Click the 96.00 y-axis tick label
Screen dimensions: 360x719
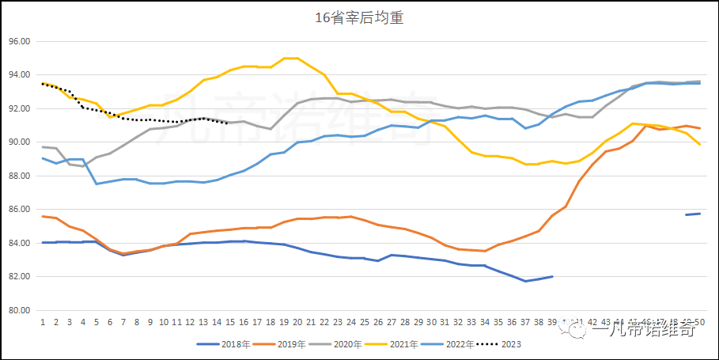pyautogui.click(x=19, y=41)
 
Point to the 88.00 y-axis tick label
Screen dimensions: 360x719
pyautogui.click(x=19, y=176)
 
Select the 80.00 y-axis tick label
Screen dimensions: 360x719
pyautogui.click(x=19, y=310)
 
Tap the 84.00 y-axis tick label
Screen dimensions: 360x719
pyautogui.click(x=19, y=243)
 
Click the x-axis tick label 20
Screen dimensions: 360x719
pyautogui.click(x=297, y=323)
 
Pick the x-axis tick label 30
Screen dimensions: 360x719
pyautogui.click(x=431, y=323)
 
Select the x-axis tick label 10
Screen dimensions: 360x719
pyautogui.click(x=163, y=323)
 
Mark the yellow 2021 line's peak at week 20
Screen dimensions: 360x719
pyautogui.click(x=297, y=58)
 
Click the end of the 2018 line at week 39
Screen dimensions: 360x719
pyautogui.click(x=552, y=277)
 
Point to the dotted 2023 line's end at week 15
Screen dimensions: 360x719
pyautogui.click(x=230, y=123)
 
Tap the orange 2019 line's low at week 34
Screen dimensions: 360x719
pyautogui.click(x=485, y=251)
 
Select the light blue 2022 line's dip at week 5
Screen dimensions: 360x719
pyautogui.click(x=96, y=184)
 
